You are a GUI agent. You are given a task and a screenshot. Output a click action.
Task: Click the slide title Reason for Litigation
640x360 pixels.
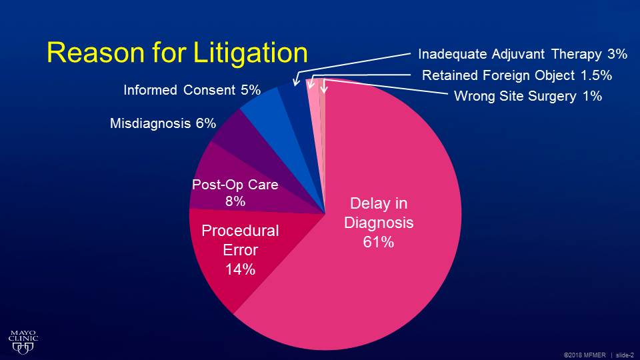[177, 53]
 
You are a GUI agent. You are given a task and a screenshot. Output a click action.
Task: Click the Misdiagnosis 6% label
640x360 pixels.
[163, 123]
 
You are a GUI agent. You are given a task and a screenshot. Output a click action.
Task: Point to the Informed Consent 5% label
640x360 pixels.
[191, 90]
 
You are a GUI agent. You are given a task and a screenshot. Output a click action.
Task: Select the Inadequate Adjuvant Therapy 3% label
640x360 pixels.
[523, 53]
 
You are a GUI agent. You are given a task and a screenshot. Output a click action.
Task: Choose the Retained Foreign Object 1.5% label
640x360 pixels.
[517, 75]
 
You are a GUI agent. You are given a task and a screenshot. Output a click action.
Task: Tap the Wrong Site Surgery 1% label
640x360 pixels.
[527, 96]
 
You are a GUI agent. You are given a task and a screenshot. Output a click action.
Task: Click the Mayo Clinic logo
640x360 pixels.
[23, 341]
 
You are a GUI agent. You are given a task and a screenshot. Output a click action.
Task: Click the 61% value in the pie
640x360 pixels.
[378, 243]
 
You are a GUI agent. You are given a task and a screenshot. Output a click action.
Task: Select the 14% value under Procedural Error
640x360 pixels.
[239, 269]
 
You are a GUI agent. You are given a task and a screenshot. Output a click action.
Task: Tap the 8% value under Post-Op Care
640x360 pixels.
[235, 201]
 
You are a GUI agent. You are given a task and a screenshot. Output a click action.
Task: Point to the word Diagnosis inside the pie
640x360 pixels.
[378, 223]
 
